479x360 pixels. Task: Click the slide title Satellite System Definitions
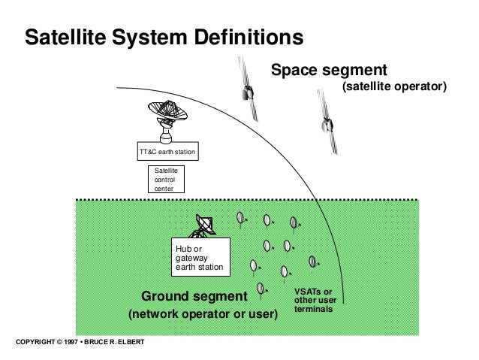point(164,37)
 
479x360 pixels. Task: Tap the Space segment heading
point(328,71)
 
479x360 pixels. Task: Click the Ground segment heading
point(194,294)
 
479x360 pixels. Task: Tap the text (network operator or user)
point(203,313)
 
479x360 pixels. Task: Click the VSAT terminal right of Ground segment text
point(261,288)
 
